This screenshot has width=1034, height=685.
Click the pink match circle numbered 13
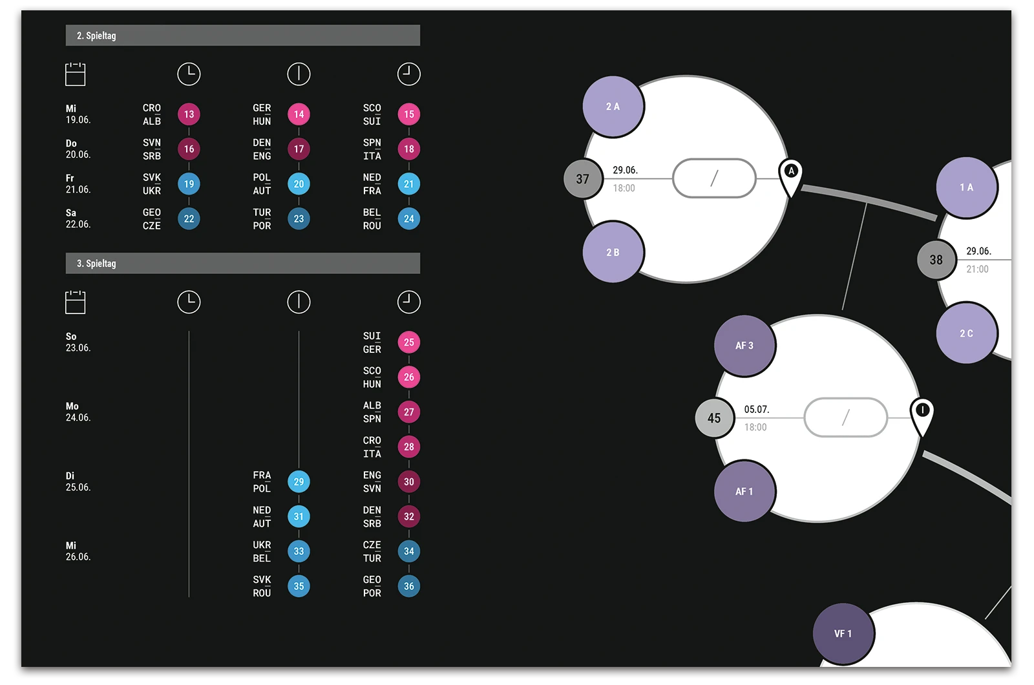tap(189, 114)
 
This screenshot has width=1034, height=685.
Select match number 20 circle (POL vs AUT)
tap(299, 184)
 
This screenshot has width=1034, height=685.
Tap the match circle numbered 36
tap(408, 586)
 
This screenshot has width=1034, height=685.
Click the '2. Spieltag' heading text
tap(96, 36)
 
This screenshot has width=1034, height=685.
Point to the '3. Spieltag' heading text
tap(96, 264)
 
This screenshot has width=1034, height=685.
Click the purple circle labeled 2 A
tap(613, 107)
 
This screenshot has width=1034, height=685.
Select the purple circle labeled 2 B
tap(613, 252)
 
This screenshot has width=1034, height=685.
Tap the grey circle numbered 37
tap(582, 179)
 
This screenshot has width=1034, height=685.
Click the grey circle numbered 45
tap(714, 418)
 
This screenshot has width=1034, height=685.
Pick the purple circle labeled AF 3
tap(744, 346)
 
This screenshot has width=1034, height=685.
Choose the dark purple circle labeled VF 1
tap(843, 633)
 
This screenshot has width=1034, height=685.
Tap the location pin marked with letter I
tap(922, 414)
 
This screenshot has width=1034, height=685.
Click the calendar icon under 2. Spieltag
tap(75, 74)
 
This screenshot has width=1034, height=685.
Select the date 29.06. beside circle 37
tap(625, 170)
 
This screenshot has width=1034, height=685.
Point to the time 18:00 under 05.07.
tap(755, 427)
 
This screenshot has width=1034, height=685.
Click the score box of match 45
tap(845, 417)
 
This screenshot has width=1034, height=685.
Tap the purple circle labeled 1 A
tap(966, 187)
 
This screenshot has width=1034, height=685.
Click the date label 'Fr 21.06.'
tap(78, 184)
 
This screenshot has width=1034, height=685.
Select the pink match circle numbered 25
tap(408, 342)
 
